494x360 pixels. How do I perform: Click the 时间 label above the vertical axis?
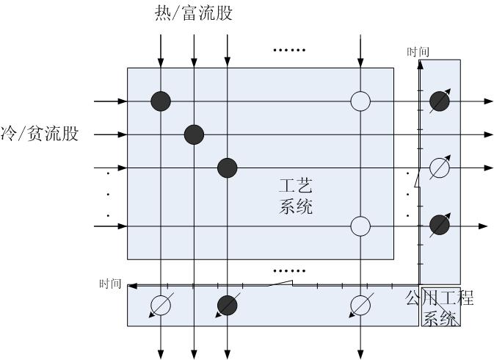click(418, 51)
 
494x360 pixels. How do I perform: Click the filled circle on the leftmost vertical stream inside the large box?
click(161, 101)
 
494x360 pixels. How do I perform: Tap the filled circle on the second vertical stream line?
click(194, 134)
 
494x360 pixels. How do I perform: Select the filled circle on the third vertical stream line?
click(228, 168)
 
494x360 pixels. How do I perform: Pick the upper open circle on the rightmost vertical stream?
click(360, 101)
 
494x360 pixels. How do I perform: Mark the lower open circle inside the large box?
click(360, 226)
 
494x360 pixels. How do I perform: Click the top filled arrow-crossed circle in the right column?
click(439, 101)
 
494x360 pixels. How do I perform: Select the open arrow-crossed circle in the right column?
click(439, 168)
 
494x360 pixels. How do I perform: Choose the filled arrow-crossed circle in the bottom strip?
click(228, 304)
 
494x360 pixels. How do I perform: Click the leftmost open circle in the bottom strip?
click(161, 304)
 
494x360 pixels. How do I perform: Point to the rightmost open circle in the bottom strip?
click(360, 304)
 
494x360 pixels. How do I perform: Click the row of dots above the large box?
click(289, 51)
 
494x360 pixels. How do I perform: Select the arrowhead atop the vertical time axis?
click(419, 64)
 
